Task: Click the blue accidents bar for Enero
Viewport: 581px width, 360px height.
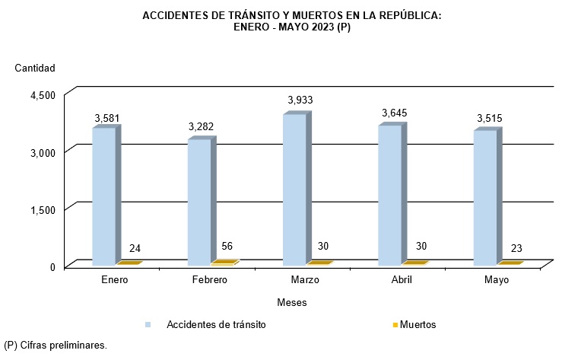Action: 104,196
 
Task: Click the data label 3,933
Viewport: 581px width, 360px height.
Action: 300,100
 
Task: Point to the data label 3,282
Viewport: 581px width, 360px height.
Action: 202,125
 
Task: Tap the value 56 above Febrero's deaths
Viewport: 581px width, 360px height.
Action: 227,246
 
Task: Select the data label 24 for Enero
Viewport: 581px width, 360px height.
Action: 135,249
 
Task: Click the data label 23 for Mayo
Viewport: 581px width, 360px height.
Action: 516,249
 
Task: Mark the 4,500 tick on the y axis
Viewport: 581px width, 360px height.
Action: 43,94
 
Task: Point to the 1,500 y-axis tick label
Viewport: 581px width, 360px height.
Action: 43,209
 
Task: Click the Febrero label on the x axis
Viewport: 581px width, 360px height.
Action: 208,280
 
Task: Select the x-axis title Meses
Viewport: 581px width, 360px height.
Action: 292,302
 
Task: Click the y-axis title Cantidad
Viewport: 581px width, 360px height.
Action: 35,68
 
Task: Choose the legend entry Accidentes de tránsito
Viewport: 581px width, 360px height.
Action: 216,324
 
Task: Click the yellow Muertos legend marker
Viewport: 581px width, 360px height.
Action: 395,325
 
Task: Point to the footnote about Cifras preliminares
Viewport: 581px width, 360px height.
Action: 56,345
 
